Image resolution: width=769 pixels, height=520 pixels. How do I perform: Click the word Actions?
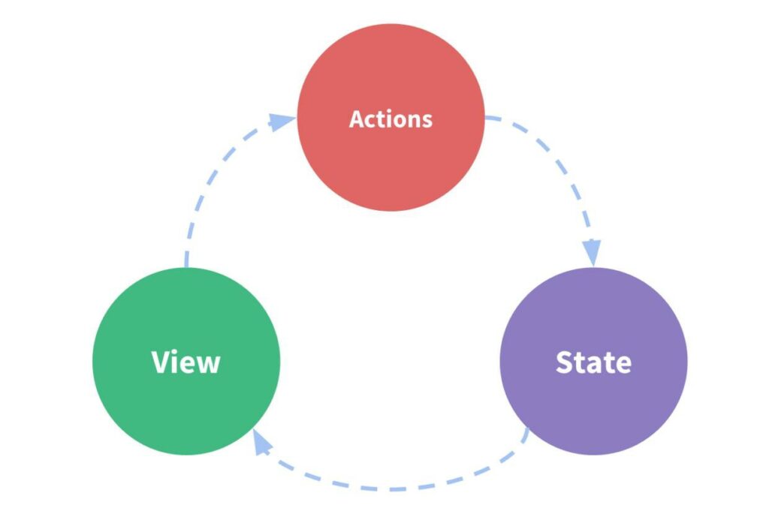point(391,119)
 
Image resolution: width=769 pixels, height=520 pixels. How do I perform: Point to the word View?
point(186,362)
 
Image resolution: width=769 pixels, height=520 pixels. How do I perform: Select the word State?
point(593,362)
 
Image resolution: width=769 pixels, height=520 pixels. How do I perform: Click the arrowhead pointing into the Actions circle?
point(282,122)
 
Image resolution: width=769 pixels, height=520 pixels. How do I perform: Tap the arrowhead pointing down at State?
point(593,252)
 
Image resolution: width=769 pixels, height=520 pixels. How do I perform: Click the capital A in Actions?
point(357,119)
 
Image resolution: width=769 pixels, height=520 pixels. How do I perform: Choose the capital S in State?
point(565,362)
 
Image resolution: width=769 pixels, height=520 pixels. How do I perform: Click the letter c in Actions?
point(371,120)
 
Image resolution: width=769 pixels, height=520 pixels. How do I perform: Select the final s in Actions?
point(427,120)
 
